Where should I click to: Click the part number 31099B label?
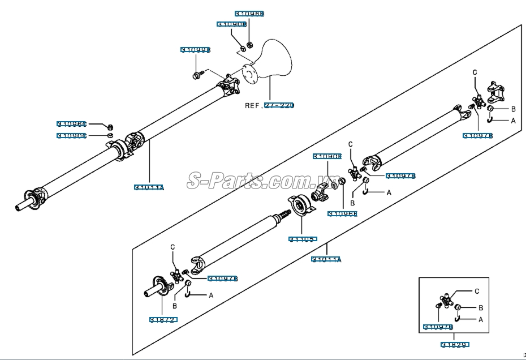click(x=195, y=50)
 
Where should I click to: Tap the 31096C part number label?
click(x=71, y=123)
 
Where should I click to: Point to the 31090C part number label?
click(x=71, y=135)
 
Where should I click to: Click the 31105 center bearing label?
click(x=303, y=239)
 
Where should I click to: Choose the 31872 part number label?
click(x=163, y=320)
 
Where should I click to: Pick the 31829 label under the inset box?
click(x=456, y=344)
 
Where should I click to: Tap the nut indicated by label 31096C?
click(x=111, y=126)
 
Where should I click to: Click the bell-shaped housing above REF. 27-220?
click(x=271, y=59)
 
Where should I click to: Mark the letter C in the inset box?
click(x=477, y=291)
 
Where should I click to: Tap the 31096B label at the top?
click(x=249, y=13)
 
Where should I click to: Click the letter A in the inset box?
click(x=481, y=319)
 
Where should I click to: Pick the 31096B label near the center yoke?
click(x=342, y=213)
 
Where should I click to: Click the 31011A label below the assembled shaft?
click(x=149, y=187)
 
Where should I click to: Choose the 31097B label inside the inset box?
click(x=438, y=327)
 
